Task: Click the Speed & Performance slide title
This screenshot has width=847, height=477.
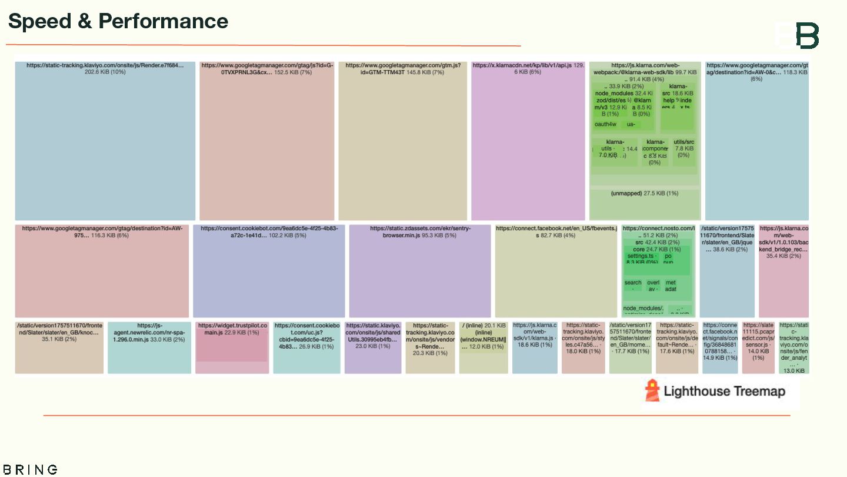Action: pos(118,21)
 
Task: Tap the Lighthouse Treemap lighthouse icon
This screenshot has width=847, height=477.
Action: pos(652,390)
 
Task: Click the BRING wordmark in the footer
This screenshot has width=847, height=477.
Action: pos(29,469)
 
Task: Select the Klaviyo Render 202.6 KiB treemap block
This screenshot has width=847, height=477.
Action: pos(105,141)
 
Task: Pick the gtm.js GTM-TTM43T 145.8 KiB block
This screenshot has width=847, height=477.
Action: pos(403,141)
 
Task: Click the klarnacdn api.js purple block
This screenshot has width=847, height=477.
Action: pos(528,141)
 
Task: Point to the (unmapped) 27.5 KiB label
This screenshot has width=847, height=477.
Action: pos(644,193)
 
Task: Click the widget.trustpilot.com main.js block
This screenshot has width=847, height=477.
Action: pos(232,347)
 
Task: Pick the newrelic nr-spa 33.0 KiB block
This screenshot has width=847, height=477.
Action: pos(149,347)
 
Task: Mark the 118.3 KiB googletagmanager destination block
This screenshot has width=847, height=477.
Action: pos(756,141)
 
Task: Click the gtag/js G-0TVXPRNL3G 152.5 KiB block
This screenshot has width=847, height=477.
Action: pos(267,141)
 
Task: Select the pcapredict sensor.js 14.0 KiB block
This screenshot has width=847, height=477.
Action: pos(758,347)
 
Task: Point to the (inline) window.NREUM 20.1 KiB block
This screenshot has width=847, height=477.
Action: pos(483,347)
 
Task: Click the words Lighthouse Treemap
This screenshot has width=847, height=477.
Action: pos(724,391)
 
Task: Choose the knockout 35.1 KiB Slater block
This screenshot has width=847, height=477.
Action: pos(59,347)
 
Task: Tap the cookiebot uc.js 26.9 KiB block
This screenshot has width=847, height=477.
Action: pos(306,347)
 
